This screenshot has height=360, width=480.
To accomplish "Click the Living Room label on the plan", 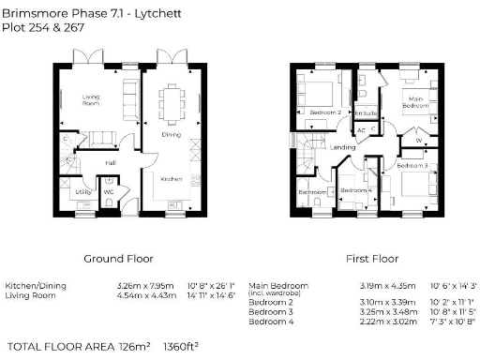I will point(91,99).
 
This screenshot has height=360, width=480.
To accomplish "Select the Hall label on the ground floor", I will point(110,161).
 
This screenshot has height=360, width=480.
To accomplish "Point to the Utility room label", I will point(82,192).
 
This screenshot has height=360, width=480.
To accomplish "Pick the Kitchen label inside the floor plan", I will point(171,178).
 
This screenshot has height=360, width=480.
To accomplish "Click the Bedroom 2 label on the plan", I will point(325,112).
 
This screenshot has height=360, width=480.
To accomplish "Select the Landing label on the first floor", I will point(342,147).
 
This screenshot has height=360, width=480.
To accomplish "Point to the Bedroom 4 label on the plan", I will point(354,191).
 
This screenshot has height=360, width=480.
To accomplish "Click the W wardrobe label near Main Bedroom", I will point(418,142).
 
